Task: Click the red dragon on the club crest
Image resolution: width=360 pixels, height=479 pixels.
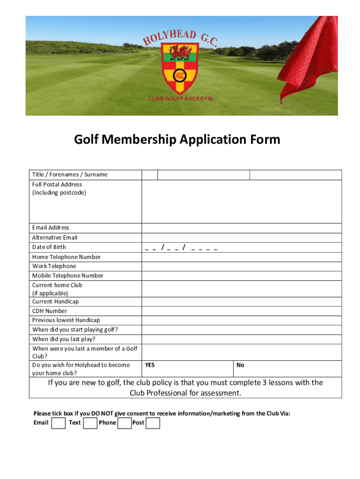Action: point(180,52)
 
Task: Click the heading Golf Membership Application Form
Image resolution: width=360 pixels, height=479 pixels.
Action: point(177,139)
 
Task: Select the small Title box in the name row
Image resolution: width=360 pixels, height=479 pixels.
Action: point(150,174)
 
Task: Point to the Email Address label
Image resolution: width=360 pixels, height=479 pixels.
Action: point(50,228)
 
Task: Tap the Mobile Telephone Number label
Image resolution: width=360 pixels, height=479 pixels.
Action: point(68,276)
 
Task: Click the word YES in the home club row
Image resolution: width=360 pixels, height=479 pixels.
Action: point(150,365)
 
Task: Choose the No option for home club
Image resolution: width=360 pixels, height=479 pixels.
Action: point(240,365)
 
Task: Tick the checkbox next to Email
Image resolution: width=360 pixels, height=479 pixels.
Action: point(58,423)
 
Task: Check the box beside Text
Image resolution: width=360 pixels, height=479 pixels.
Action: point(90,423)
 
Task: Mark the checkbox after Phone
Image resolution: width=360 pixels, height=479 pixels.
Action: point(124,423)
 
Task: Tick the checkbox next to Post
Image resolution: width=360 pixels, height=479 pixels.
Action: point(153,423)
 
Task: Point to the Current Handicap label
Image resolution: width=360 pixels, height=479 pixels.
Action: point(56,302)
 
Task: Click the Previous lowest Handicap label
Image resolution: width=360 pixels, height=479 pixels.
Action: point(66,320)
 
